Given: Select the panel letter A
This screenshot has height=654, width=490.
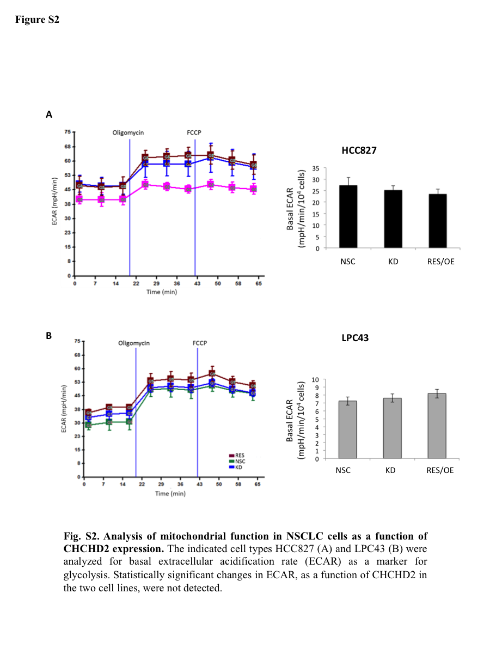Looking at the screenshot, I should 49,114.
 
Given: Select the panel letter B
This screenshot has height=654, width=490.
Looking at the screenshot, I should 49,336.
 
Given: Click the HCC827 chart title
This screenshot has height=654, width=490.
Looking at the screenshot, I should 359,150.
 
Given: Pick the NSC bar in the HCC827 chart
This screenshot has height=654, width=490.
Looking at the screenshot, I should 348,217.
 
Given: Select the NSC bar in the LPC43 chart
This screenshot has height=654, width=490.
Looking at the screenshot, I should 347,430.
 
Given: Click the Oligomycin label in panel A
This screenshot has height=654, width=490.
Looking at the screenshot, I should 128,132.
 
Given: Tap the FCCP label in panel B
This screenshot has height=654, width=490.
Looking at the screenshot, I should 200,343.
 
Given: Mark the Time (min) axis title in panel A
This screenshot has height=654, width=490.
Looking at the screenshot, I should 161,292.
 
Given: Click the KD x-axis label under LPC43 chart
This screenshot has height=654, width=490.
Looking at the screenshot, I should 390,470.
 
